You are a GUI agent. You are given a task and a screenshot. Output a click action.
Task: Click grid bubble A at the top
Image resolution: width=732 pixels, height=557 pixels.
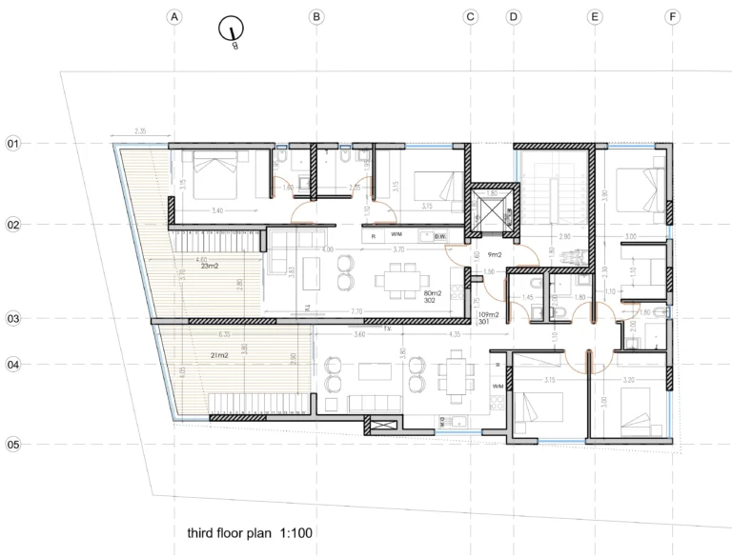tap(173, 16)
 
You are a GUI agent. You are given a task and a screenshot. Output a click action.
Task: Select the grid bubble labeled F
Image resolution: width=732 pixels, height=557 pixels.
tap(673, 16)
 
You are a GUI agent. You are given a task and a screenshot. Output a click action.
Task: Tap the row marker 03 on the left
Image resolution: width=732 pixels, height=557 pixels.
tap(14, 319)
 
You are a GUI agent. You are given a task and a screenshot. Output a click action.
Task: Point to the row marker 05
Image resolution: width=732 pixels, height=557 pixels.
tap(14, 444)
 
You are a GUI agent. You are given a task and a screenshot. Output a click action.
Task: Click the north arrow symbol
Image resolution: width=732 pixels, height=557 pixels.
tap(231, 31)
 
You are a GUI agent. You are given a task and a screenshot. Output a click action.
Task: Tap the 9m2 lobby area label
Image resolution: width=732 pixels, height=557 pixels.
tap(496, 255)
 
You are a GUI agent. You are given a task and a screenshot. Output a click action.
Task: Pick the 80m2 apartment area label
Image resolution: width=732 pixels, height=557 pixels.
tap(436, 293)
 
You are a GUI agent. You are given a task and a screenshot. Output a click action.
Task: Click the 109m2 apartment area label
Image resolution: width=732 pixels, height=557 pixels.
tap(489, 314)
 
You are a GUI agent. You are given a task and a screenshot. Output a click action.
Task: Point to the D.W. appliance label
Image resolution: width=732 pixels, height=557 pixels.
tap(439, 235)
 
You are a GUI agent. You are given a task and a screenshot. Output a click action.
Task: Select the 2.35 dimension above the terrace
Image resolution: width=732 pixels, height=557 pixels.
tap(141, 131)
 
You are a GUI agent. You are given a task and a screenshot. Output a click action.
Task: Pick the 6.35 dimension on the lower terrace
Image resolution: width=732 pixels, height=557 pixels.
tap(224, 335)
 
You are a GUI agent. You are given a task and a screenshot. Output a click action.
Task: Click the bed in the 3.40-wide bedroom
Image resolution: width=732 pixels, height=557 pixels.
tap(217, 173)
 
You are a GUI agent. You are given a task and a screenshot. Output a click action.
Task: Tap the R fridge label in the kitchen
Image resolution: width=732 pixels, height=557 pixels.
tap(374, 235)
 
